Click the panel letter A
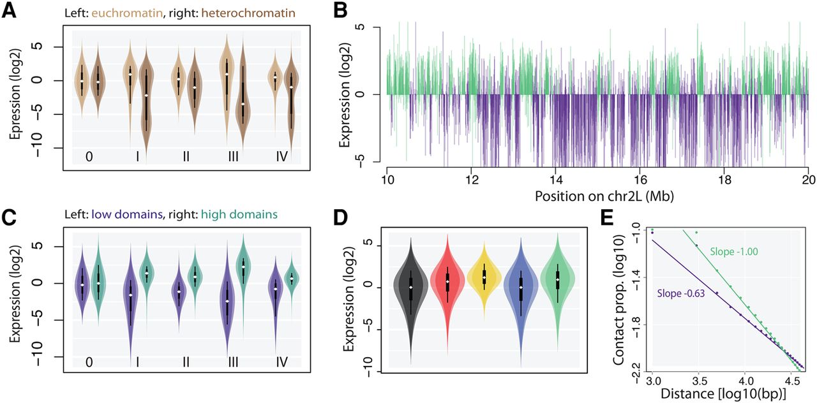click(x=10, y=12)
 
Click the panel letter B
click(x=341, y=12)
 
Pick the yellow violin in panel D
click(x=484, y=277)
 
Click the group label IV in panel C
click(x=281, y=362)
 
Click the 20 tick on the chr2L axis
click(x=807, y=179)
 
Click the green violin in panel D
click(x=557, y=281)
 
